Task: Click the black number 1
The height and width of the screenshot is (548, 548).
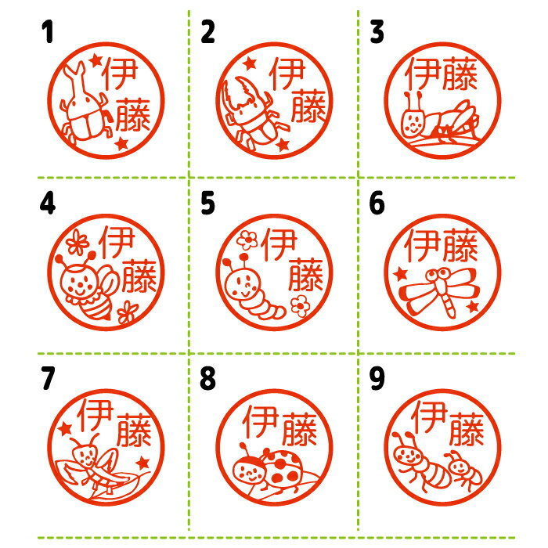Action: click(x=48, y=31)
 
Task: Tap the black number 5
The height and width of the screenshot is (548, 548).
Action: click(x=207, y=203)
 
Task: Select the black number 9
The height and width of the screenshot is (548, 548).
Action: click(x=377, y=378)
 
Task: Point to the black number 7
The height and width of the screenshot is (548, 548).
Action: click(x=48, y=378)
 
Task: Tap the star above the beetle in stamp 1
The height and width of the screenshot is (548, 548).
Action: click(x=96, y=61)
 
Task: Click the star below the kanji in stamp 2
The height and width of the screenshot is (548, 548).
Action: click(x=283, y=144)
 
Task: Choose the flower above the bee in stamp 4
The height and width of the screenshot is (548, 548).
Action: click(x=78, y=241)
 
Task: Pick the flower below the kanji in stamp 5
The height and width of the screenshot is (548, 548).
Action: click(x=300, y=306)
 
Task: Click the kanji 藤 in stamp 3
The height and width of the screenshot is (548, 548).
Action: click(x=460, y=74)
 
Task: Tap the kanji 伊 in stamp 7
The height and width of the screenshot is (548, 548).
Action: click(x=96, y=415)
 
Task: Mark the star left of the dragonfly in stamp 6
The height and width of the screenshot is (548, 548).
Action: click(x=401, y=274)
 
